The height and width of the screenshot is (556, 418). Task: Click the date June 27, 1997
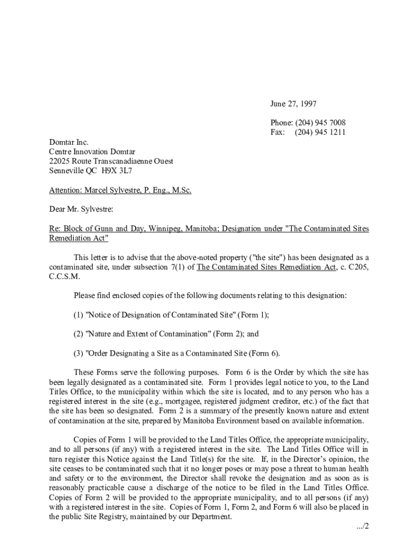294,104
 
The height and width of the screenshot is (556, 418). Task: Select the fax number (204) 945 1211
320,132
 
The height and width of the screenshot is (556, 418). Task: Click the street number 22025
60,161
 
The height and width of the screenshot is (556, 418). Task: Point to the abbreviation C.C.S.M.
65,276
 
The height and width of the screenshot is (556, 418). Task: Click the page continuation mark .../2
359,526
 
